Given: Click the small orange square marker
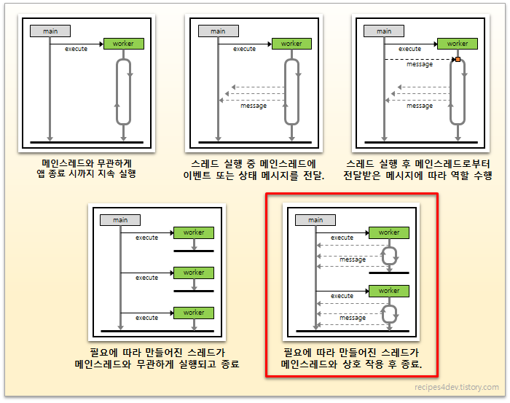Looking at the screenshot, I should point(458,59).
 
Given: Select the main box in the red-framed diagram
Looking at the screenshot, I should point(315,219).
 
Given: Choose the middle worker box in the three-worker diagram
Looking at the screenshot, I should point(194,273).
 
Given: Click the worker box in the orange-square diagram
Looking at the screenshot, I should point(458,44).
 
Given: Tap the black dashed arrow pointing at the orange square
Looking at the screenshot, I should point(420,59).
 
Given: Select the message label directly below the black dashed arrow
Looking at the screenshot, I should point(420,65).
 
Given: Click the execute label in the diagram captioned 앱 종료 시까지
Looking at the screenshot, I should point(76,49).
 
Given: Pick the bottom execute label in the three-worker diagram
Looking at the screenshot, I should point(146,318).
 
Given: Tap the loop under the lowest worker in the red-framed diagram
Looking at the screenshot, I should point(390,313).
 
